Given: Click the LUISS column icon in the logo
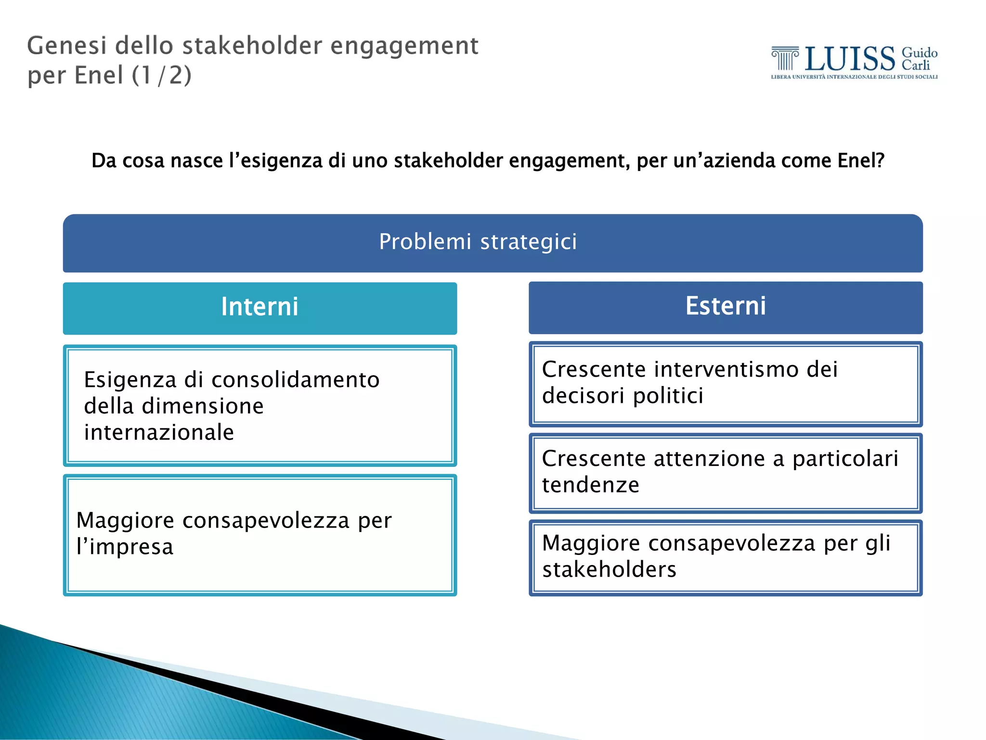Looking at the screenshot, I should [784, 58].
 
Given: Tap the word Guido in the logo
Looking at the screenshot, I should [919, 53].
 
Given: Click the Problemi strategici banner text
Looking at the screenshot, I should [478, 241].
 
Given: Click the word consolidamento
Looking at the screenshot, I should [296, 380].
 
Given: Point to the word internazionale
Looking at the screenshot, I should [159, 432].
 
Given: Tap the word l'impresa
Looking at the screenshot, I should [125, 547].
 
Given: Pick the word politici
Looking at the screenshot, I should [668, 396].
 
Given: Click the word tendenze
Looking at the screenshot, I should [590, 485].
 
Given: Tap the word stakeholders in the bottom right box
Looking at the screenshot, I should [609, 569].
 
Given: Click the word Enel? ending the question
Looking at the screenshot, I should [861, 160].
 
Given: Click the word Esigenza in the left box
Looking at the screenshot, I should [130, 380].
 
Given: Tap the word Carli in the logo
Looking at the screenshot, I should [915, 66].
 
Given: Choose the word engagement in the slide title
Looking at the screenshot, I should [404, 46].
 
